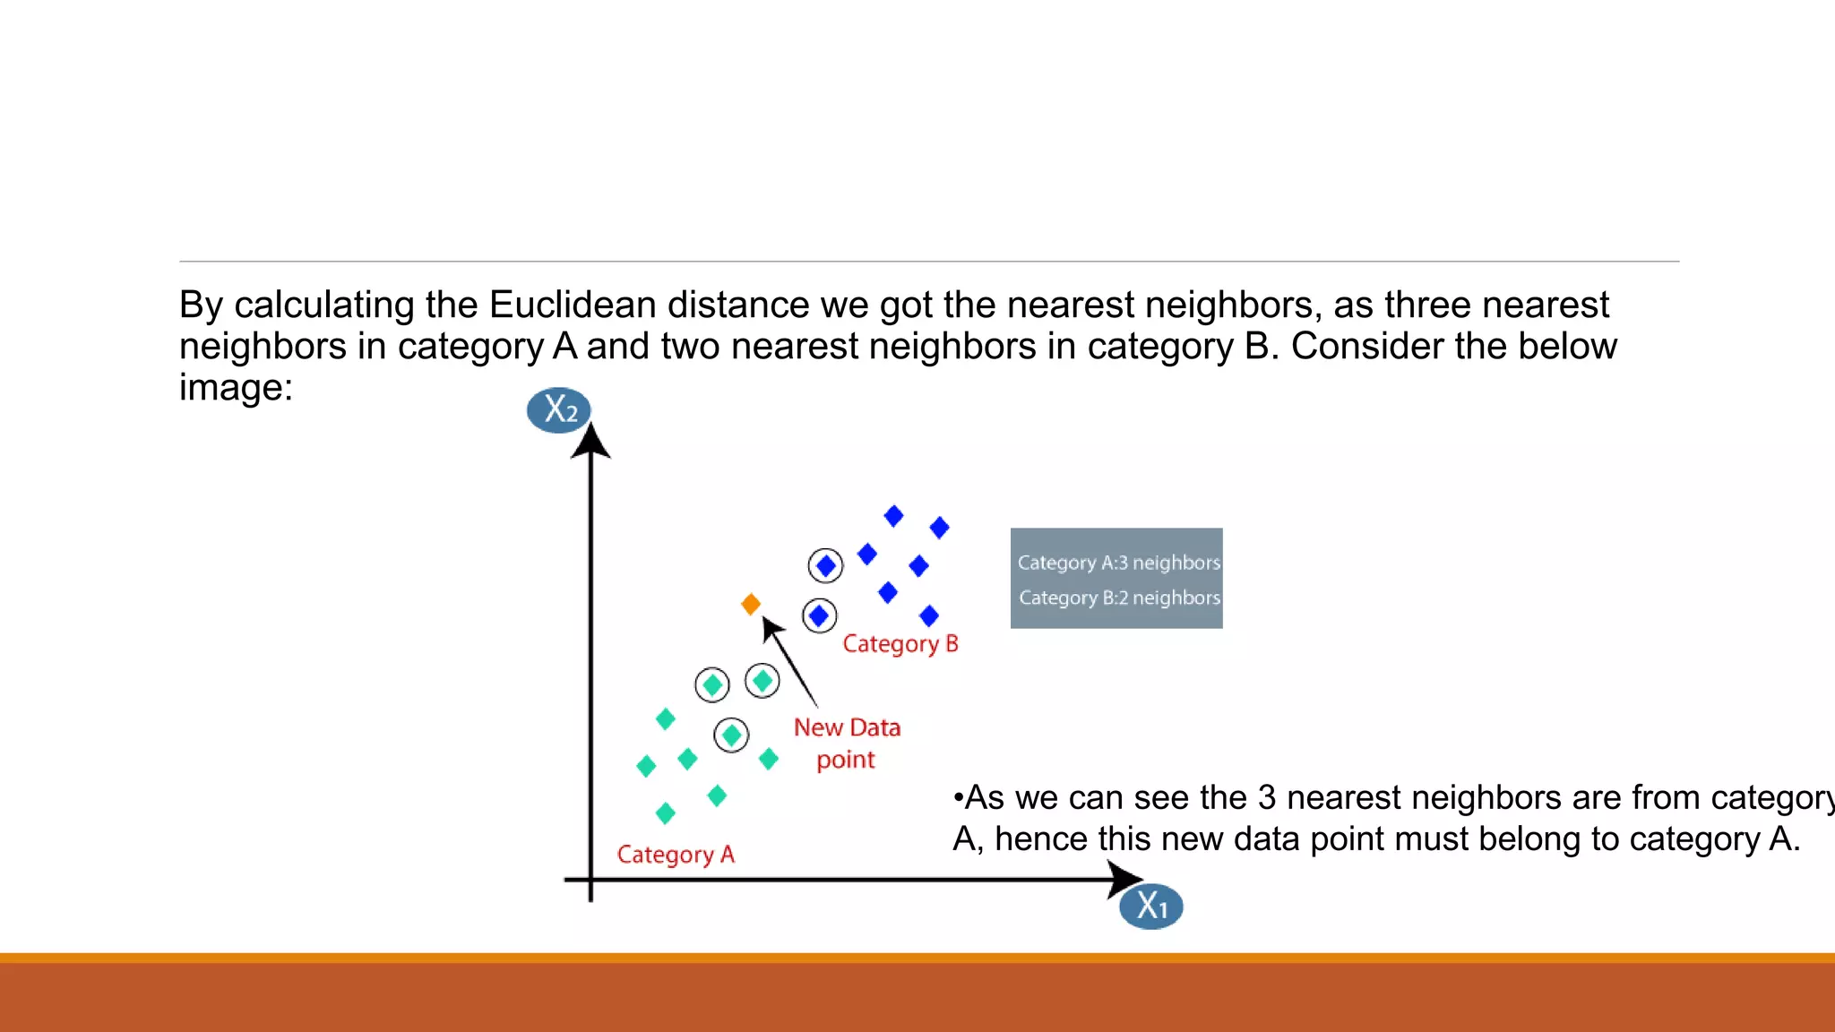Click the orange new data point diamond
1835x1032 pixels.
pos(751,605)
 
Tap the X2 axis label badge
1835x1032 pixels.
pos(559,410)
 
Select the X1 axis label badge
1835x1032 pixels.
pos(1151,907)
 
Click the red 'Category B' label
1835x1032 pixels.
pos(900,644)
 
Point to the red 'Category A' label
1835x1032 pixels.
pos(676,855)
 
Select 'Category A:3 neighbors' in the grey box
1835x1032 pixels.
pos(1118,563)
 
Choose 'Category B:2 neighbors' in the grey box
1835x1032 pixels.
pos(1119,598)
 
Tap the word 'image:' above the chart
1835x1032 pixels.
pos(236,388)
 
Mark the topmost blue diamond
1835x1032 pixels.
pos(893,516)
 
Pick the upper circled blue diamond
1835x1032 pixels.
pos(825,566)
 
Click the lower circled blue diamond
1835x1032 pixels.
pos(819,615)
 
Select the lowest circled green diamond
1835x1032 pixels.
pos(731,735)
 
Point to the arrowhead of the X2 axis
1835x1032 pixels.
pos(590,441)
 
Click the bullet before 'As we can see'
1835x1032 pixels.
pos(958,797)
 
